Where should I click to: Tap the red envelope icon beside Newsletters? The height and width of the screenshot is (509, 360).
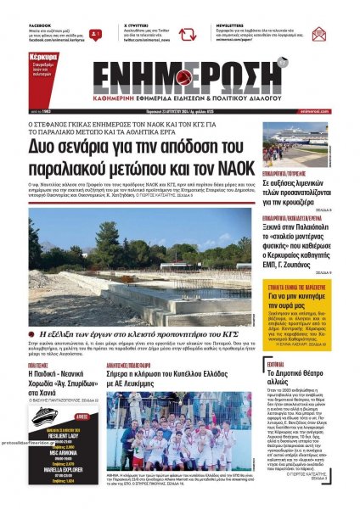coord(318,35)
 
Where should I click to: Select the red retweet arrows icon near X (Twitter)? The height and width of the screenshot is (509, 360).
coord(187,35)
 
